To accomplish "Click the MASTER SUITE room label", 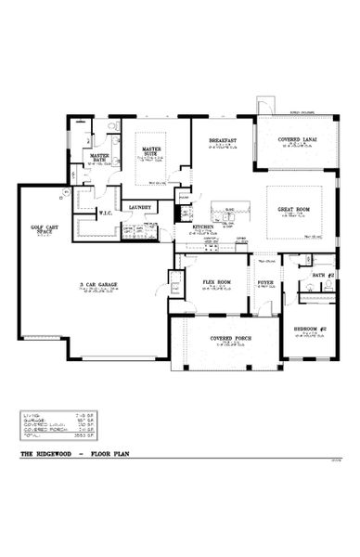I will tap(151, 149).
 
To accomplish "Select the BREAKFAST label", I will tap(224, 140).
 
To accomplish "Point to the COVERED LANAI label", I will tap(296, 140).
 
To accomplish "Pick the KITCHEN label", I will tap(202, 227).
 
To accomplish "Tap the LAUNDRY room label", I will tap(140, 208).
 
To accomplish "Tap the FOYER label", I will tap(265, 281).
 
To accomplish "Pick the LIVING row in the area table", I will tap(47, 415).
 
